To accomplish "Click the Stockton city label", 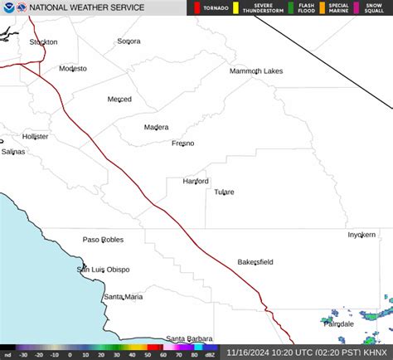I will tap(43, 41).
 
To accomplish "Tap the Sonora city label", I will tap(129, 41).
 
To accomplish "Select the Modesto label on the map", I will tap(73, 69).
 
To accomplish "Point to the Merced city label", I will tap(119, 100).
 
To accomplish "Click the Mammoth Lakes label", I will tap(256, 71).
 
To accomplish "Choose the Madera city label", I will tap(156, 127).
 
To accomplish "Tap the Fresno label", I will tap(182, 144).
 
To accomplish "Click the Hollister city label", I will tap(36, 136).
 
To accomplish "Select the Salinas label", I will tap(13, 152).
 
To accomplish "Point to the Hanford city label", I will tap(196, 181).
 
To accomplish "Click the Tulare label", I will tap(224, 192).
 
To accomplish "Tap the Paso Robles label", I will tap(103, 240).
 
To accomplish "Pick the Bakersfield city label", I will tap(255, 262).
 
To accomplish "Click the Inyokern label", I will tap(361, 235).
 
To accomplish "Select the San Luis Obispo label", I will tap(104, 270).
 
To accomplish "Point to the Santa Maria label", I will tap(123, 296).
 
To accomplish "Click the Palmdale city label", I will tap(338, 324).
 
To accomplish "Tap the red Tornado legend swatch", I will tap(197, 8).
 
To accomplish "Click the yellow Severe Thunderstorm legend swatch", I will tap(235, 8).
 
